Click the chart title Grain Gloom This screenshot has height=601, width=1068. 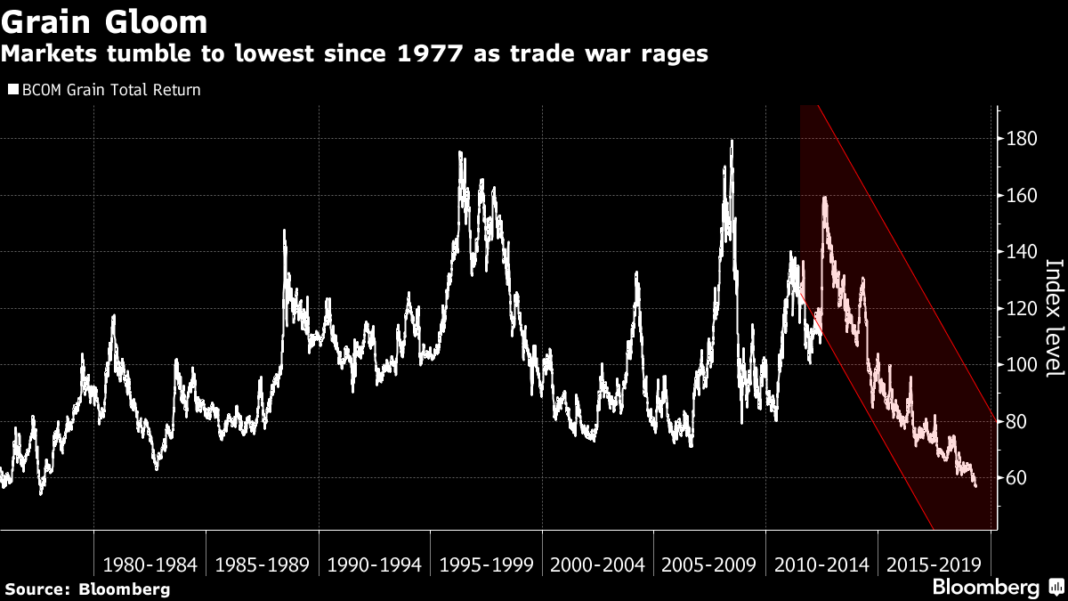(105, 20)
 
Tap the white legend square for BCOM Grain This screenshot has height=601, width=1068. (13, 90)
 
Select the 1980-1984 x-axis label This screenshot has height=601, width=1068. (150, 564)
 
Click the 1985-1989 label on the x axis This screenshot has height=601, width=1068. (262, 564)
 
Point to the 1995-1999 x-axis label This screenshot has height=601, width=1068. (486, 564)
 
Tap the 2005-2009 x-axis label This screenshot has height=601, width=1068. (709, 564)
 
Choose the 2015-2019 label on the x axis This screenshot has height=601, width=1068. (933, 564)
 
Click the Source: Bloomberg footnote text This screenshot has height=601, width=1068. (87, 589)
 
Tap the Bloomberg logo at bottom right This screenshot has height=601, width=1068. (985, 588)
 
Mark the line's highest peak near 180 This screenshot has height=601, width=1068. (732, 141)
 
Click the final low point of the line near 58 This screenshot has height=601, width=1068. (975, 485)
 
